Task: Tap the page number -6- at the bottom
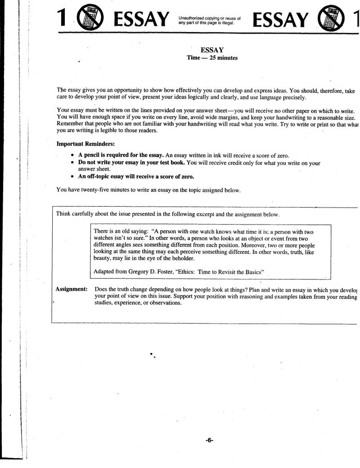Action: [209, 440]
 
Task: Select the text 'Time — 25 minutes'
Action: [209, 58]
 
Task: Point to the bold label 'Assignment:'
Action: [71, 289]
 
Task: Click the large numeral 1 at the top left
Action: [63, 18]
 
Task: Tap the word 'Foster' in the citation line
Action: [167, 272]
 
